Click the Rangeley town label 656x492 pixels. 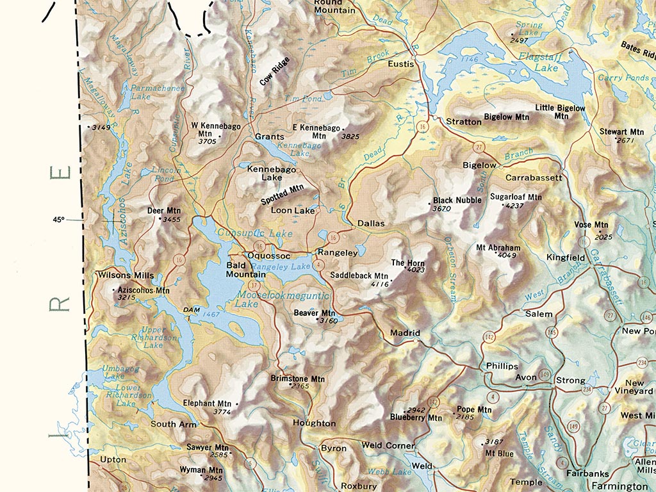click(x=338, y=252)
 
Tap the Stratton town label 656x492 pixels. click(x=464, y=121)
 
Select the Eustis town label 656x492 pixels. click(x=401, y=64)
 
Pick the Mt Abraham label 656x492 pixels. click(x=498, y=247)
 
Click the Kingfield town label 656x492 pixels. click(x=566, y=258)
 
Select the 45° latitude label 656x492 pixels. click(x=59, y=220)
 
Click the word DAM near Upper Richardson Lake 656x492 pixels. click(x=192, y=309)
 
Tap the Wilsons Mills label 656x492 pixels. click(x=125, y=275)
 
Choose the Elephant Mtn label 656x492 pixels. click(x=208, y=404)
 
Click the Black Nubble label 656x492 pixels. click(x=457, y=200)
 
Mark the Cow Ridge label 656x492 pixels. click(x=274, y=71)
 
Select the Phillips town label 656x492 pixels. click(x=502, y=366)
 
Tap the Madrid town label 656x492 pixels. click(x=405, y=333)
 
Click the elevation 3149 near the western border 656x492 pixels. click(x=101, y=127)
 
